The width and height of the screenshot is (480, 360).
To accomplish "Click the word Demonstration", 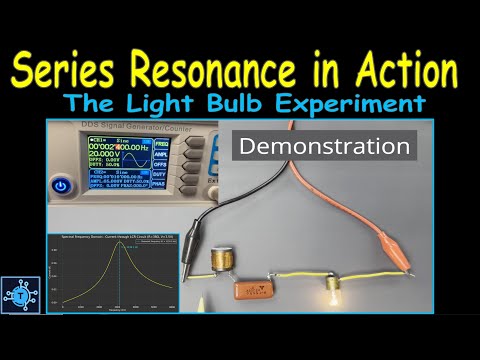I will pyautogui.click(x=326, y=147).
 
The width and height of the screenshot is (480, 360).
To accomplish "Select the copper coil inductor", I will pyautogui.click(x=223, y=263).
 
